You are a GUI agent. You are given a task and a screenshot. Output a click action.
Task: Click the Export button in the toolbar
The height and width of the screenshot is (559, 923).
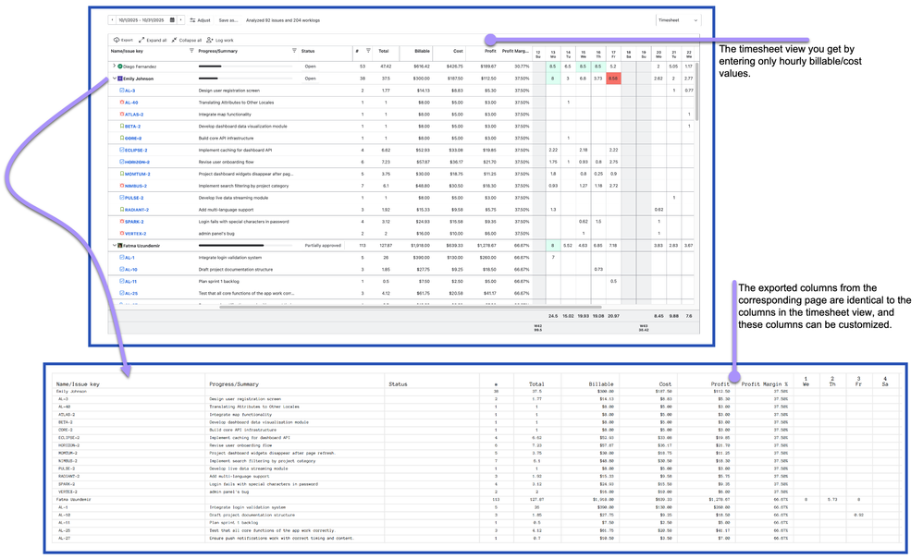[x=123, y=41]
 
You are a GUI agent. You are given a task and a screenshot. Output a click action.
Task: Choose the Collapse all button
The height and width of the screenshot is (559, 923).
[x=188, y=41]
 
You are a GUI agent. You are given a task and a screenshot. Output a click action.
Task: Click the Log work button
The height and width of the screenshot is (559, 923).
[x=220, y=41]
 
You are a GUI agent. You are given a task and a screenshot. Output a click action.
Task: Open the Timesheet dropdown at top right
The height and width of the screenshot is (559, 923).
[x=678, y=19]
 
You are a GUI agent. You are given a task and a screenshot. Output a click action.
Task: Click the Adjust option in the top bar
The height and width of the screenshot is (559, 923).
[x=201, y=19]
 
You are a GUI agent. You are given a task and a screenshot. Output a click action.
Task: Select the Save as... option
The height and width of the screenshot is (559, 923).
[x=228, y=19]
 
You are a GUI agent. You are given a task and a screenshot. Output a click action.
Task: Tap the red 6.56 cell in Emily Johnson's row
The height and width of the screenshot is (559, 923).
[x=613, y=79]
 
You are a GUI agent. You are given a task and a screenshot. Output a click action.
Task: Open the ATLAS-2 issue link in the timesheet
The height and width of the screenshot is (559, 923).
[x=134, y=115]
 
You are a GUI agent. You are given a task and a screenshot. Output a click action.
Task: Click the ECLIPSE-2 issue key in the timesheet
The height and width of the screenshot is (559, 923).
[x=137, y=150]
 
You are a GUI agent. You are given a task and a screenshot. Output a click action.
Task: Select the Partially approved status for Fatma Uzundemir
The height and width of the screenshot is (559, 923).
[x=324, y=246]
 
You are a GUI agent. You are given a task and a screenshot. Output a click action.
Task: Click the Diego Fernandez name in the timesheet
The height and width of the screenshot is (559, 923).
[x=142, y=67]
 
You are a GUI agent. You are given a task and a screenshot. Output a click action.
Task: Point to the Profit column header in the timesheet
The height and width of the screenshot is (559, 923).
[x=491, y=52]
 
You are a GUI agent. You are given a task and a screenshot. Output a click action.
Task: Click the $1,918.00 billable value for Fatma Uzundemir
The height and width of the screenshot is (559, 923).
[x=421, y=246]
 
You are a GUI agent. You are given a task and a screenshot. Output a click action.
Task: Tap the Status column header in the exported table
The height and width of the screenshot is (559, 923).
[x=398, y=383]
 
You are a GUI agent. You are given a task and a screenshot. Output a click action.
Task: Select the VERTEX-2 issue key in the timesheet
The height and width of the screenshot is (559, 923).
[x=135, y=234]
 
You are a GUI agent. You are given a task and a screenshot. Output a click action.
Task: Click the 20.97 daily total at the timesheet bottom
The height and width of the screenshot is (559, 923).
[x=612, y=316]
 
